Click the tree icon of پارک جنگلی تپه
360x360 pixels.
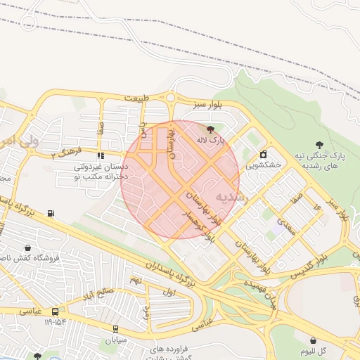tap(320, 144)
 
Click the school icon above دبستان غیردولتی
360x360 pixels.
tap(101, 155)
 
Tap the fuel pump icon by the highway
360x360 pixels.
tap(51, 214)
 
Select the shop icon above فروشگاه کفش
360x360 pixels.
tap(27, 248)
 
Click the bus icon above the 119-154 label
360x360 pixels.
tap(55, 311)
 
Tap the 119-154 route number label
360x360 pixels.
tap(55, 322)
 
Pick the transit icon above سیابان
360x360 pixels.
tap(115, 328)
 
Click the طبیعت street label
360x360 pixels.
tap(138, 98)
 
